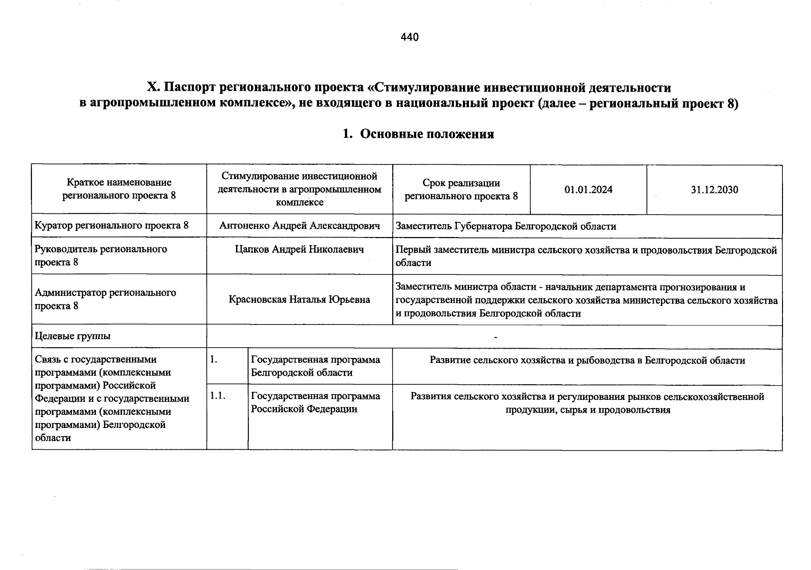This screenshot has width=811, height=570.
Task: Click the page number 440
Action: (409, 37)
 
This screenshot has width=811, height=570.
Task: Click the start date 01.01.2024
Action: (588, 190)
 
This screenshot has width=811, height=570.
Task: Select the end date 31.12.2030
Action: (715, 190)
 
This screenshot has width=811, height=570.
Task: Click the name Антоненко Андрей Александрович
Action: (300, 226)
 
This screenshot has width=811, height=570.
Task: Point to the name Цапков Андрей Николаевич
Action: (300, 249)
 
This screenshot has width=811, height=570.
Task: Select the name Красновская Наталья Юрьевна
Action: (300, 300)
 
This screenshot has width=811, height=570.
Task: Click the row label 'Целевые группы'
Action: (73, 336)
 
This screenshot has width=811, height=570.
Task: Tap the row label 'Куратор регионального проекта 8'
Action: (112, 226)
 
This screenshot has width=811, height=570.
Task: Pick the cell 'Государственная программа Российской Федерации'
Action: (315, 402)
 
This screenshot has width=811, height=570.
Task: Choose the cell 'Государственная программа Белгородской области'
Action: (315, 366)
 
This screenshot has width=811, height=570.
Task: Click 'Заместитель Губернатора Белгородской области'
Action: (506, 227)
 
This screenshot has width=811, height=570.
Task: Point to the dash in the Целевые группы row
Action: (495, 338)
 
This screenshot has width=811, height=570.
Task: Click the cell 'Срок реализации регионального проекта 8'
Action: (461, 190)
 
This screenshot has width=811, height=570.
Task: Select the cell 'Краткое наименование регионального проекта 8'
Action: (119, 189)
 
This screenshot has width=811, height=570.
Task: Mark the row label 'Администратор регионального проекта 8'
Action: (105, 299)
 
